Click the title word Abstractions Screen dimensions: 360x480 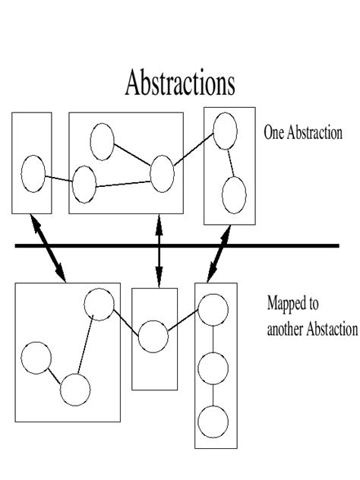180,82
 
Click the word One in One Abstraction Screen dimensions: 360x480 273,133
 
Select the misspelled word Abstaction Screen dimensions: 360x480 332,329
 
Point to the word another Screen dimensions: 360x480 286,330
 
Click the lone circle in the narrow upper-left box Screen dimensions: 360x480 33,174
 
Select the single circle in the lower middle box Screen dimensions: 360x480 153,336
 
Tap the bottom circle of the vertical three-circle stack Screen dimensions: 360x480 213,422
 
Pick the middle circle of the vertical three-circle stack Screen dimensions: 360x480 213,368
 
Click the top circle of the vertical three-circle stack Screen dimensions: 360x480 213,310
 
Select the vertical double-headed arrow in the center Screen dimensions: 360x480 159,251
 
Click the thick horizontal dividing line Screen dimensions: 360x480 177,245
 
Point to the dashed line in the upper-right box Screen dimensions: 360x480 231,163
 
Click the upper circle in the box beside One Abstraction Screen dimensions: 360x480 225,131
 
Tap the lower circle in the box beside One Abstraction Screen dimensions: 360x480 234,195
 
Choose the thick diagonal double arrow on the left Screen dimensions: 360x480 48,248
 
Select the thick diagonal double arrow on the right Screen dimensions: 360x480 219,254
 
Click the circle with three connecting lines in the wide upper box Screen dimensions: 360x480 163,174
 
